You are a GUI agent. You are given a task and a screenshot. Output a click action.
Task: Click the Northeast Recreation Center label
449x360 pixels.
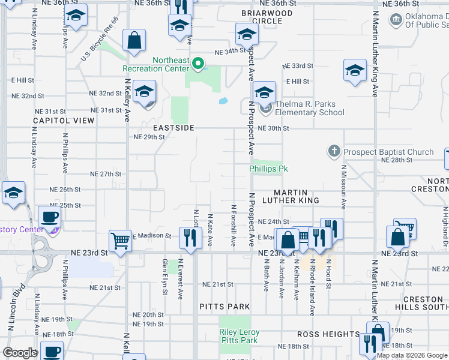click(x=155, y=64)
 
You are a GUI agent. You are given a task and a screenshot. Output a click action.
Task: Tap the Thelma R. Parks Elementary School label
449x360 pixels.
click(x=310, y=108)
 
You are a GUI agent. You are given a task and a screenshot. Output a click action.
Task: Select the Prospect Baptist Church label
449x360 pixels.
click(x=388, y=152)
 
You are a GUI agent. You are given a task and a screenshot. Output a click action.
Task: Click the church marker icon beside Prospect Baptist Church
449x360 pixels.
click(x=334, y=151)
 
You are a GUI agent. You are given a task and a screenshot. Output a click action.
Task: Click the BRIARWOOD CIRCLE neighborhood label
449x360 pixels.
click(x=267, y=17)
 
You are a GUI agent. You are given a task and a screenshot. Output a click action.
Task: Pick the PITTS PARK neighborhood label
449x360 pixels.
click(x=224, y=307)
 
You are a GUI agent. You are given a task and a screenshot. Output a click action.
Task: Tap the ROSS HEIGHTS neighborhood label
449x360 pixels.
click(x=328, y=334)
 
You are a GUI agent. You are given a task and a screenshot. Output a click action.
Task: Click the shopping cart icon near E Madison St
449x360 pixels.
click(x=120, y=241)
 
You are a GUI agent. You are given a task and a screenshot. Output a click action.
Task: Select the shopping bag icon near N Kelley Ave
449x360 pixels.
click(x=134, y=41)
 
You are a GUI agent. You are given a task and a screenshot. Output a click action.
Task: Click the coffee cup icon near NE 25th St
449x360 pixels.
click(x=49, y=217)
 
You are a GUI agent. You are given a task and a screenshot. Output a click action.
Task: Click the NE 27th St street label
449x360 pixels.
click(x=106, y=174)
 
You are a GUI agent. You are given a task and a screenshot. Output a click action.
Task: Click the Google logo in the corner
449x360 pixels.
click(x=20, y=353)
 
